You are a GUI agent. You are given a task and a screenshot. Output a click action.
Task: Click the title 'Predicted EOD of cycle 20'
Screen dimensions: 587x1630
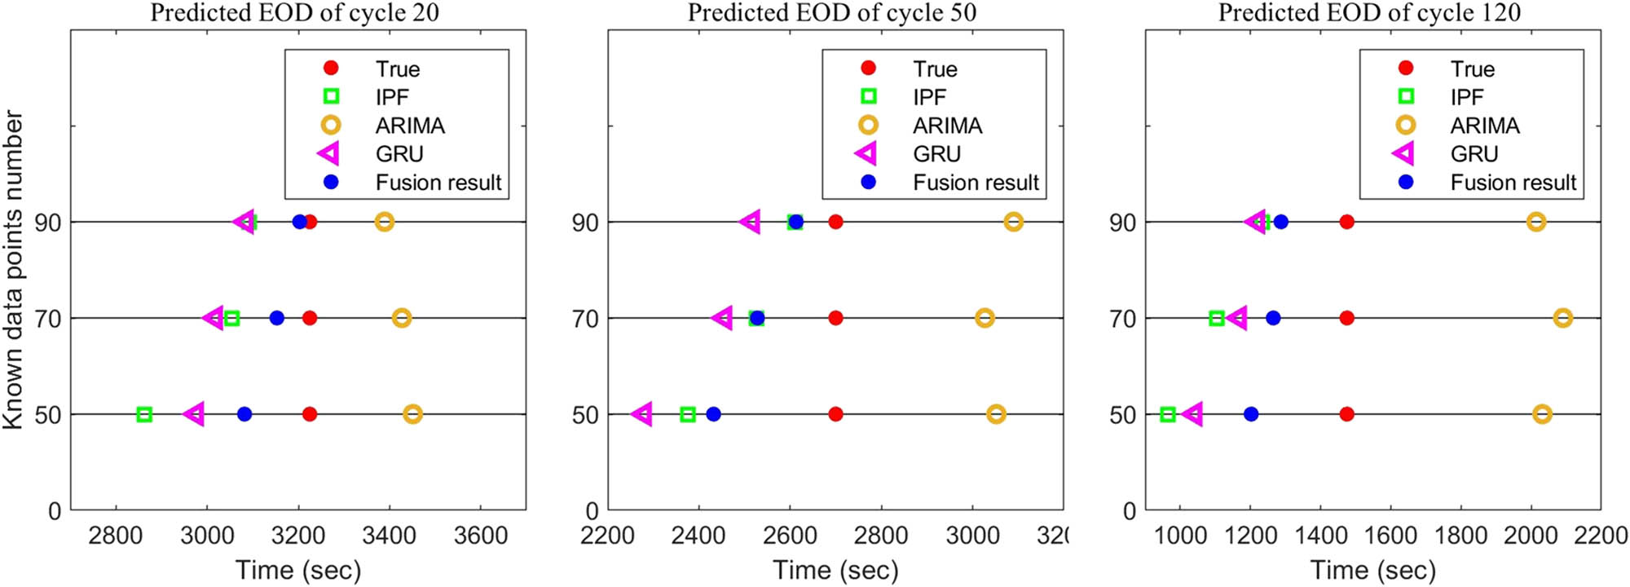tap(294, 13)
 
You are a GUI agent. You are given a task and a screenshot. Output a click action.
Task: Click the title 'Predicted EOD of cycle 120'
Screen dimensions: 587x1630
tap(1369, 13)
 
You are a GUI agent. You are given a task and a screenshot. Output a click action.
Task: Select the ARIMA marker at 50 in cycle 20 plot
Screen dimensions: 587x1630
tap(412, 414)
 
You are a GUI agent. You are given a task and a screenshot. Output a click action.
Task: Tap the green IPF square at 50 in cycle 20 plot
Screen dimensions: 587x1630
tap(144, 414)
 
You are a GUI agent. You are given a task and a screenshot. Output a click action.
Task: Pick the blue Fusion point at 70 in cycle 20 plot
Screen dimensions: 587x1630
tap(277, 318)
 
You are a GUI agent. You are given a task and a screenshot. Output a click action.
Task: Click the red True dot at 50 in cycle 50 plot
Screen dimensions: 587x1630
tap(835, 414)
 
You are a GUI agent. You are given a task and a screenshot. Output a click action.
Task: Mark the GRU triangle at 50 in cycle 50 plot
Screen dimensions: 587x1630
tap(642, 414)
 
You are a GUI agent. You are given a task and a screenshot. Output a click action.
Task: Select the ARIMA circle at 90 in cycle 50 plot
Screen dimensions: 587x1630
tap(1013, 222)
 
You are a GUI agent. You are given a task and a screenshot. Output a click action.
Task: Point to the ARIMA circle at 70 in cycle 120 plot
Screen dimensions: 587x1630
tap(1562, 318)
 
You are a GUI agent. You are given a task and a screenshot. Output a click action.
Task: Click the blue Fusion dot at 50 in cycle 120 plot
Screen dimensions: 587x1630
tap(1251, 414)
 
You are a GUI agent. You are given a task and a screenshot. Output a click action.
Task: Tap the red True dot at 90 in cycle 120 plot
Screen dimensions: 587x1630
tap(1346, 222)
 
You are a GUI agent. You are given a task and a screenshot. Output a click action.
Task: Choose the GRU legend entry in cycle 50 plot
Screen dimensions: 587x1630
tap(936, 154)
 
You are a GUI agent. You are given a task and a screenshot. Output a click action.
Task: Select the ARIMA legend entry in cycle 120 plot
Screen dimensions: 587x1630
tap(1484, 126)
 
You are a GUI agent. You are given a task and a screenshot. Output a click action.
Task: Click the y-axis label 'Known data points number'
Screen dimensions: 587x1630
tap(13, 269)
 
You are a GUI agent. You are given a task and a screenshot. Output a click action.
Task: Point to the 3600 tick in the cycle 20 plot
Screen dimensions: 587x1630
tap(480, 536)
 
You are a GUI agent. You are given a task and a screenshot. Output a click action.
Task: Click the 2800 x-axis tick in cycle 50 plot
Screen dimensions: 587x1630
tap(881, 536)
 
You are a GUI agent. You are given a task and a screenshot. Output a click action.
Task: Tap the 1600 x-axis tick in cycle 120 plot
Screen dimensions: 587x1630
tap(1390, 536)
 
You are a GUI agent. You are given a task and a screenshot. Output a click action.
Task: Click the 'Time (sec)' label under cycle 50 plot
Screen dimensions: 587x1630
tap(835, 570)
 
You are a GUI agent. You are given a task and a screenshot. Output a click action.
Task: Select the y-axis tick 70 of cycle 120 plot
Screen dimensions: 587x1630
tap(1122, 319)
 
